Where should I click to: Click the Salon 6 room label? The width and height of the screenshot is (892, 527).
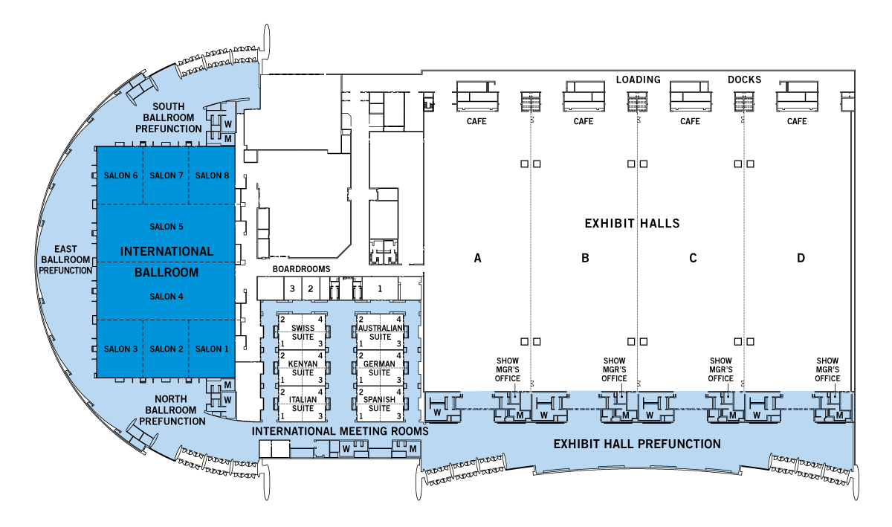120,175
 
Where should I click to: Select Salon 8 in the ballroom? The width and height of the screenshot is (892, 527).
212,175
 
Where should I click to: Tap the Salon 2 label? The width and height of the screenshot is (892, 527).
166,349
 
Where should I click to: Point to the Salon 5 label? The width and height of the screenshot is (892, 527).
166,227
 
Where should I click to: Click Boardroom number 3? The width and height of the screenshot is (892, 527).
293,288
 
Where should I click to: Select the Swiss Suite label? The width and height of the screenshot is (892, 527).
303,332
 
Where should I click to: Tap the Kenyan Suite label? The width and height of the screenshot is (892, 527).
303,368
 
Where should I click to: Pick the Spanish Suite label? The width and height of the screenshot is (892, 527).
380,404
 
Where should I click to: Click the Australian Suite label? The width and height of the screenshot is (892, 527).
380,332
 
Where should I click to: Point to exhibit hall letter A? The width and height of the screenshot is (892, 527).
478,259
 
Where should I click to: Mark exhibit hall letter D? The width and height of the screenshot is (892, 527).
801,259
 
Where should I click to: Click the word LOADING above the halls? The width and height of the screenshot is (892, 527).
638,80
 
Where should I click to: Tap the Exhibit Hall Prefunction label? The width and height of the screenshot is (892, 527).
637,444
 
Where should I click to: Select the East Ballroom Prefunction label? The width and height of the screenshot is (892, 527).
65,259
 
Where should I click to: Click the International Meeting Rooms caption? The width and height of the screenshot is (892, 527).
340,431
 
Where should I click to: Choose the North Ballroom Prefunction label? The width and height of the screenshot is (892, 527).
172,410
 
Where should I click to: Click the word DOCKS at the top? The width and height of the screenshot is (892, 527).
745,80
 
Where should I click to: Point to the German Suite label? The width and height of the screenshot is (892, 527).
380,368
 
